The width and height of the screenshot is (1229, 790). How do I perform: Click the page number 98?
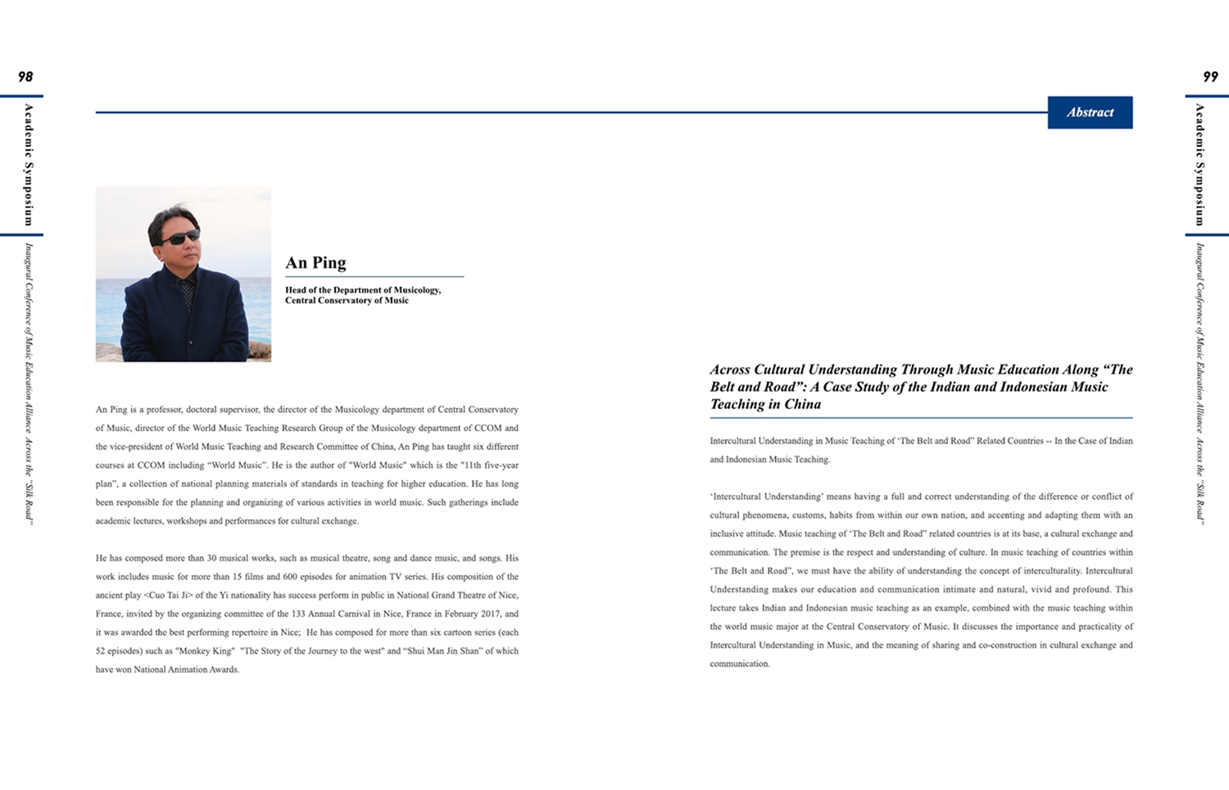(x=25, y=77)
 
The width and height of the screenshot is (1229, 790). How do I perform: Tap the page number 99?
(x=1210, y=77)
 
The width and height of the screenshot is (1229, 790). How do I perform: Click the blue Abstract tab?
(x=1090, y=112)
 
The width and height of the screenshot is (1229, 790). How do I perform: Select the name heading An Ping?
(x=315, y=262)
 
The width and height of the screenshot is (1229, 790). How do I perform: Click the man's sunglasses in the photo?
(x=180, y=238)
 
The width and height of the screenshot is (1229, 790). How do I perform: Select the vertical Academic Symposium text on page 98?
(x=29, y=165)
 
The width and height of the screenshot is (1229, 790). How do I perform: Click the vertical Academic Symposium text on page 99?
(x=1200, y=165)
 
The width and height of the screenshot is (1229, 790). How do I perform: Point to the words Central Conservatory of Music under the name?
(x=347, y=301)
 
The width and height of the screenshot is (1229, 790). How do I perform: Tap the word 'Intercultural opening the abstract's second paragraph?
(x=737, y=497)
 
